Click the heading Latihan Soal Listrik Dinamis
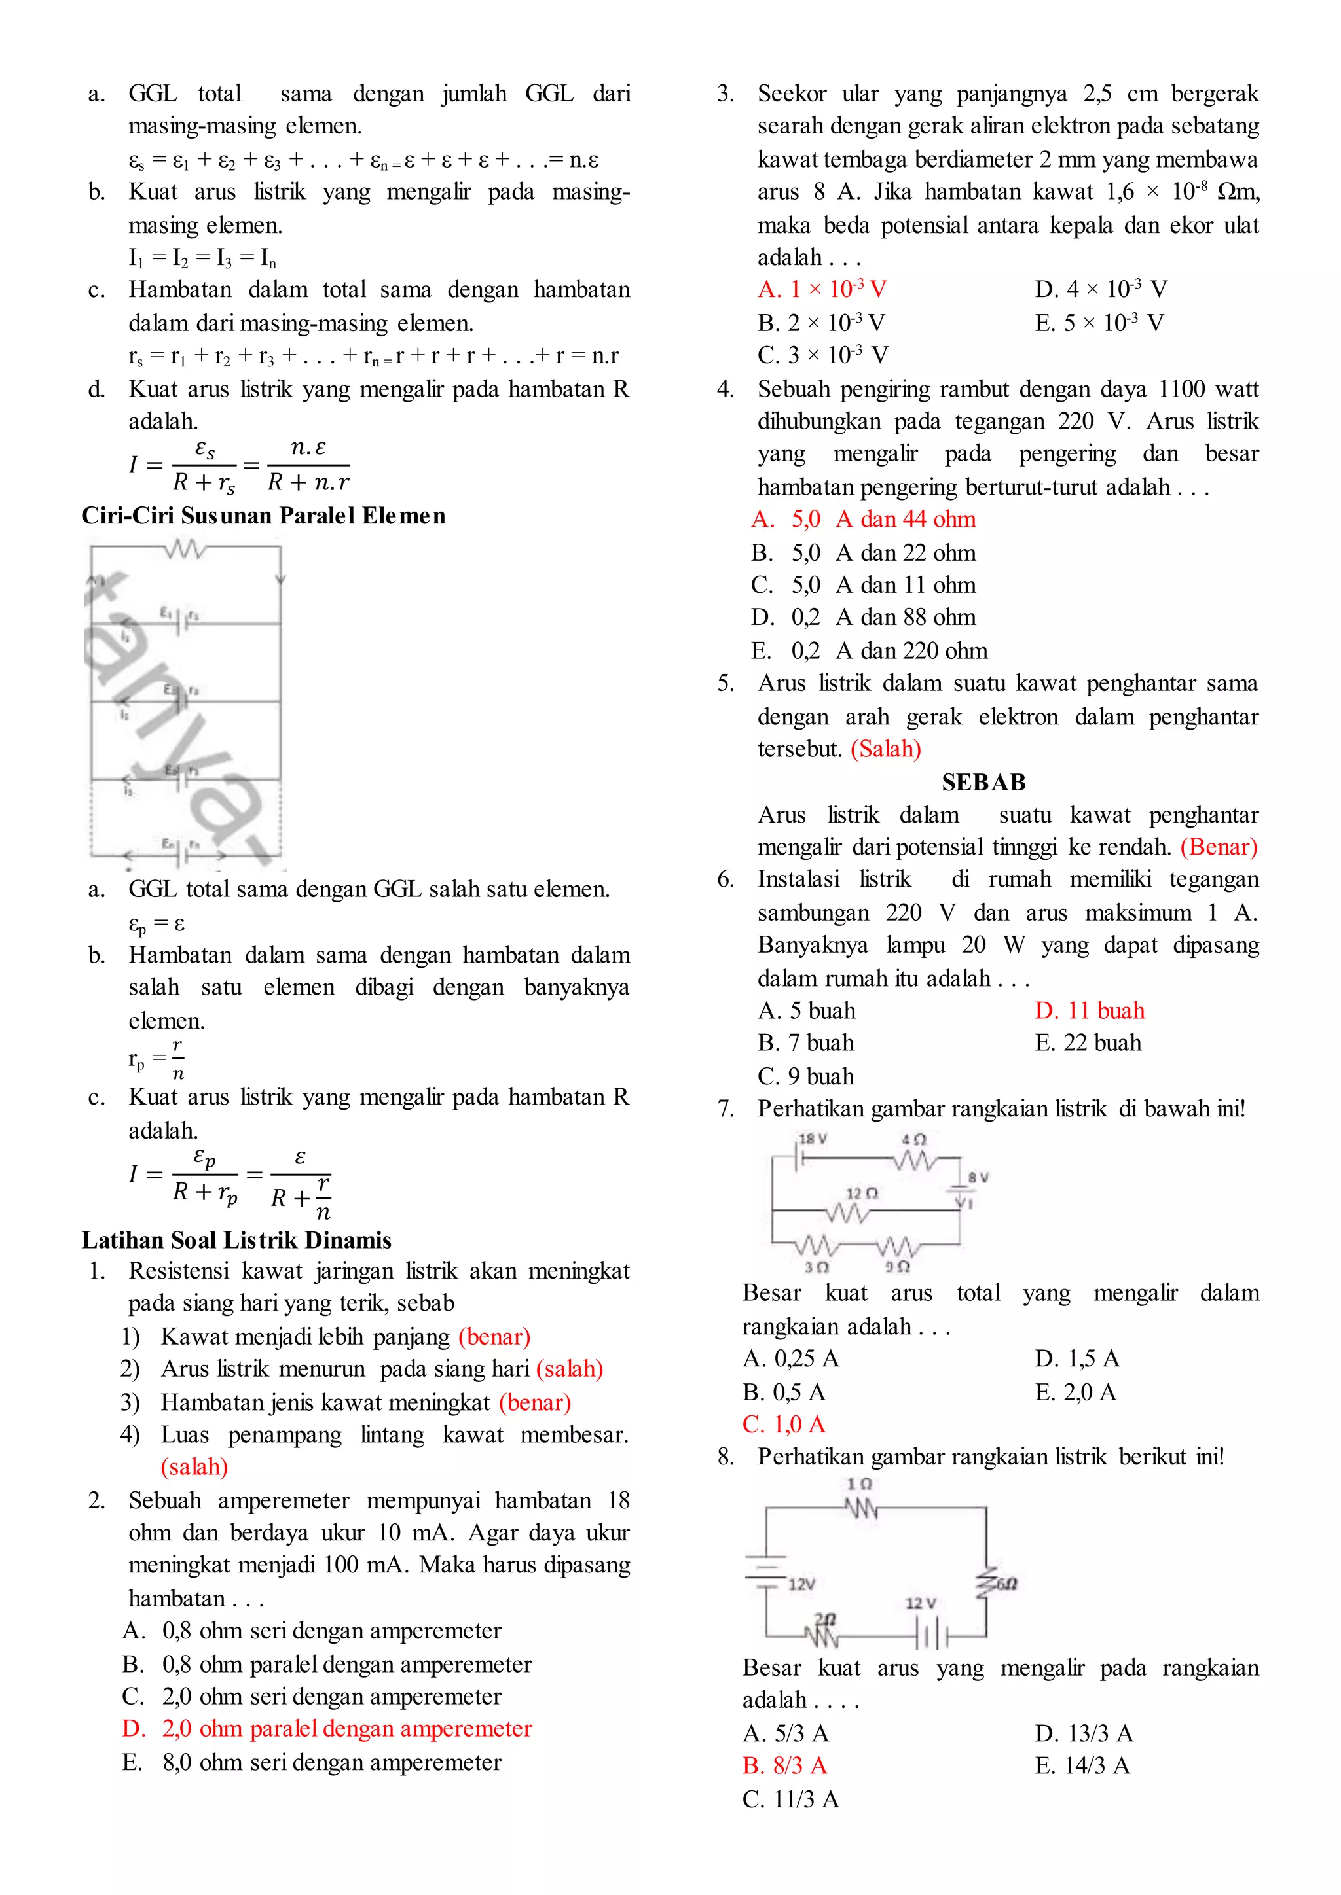pyautogui.click(x=236, y=1240)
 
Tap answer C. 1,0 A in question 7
pyautogui.click(x=784, y=1424)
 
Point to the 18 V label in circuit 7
pyautogui.click(x=813, y=1139)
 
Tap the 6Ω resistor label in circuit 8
pyautogui.click(x=1006, y=1584)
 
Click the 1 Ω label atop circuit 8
pyautogui.click(x=860, y=1484)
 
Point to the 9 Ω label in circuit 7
pyautogui.click(x=898, y=1266)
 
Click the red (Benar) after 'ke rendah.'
pyautogui.click(x=1219, y=847)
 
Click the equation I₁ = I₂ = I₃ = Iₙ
pyautogui.click(x=202, y=258)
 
